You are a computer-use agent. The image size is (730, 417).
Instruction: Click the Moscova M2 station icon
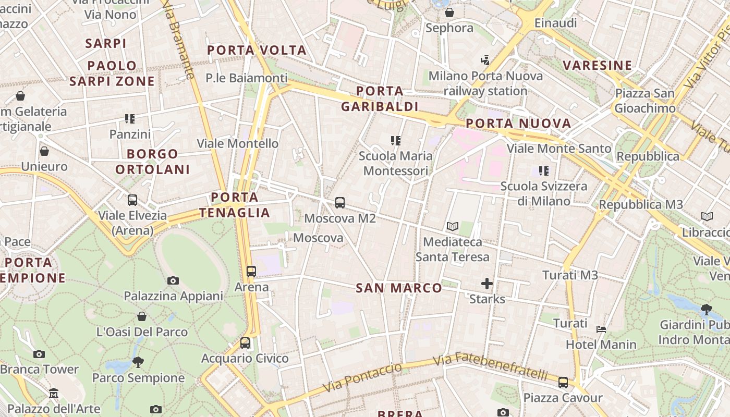click(x=340, y=203)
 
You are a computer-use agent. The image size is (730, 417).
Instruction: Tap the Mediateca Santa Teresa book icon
click(x=452, y=227)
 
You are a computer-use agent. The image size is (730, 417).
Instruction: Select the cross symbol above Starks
click(x=487, y=284)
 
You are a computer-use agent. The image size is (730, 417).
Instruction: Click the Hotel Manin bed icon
click(x=601, y=329)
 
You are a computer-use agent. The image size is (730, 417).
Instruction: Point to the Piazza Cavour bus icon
click(x=563, y=383)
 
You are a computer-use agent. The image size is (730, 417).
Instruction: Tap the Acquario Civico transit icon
click(x=245, y=343)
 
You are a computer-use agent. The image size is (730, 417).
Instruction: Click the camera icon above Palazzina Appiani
click(x=173, y=281)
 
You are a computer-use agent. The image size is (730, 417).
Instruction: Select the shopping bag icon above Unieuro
click(x=44, y=151)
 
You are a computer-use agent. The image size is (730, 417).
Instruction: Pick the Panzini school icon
click(x=130, y=119)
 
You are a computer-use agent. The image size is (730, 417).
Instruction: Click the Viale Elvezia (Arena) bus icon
click(x=132, y=200)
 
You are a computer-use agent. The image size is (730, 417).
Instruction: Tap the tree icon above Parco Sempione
click(x=138, y=362)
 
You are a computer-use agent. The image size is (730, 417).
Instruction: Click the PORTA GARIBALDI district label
click(x=380, y=99)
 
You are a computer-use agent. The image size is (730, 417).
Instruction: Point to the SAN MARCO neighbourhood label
click(x=399, y=288)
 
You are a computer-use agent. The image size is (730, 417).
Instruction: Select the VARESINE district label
click(x=598, y=65)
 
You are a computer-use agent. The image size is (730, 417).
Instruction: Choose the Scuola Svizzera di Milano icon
click(x=544, y=171)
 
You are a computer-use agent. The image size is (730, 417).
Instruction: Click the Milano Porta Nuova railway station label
click(x=485, y=83)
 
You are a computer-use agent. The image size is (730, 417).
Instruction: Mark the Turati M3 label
click(x=570, y=275)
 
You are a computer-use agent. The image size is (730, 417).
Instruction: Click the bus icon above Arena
click(x=251, y=272)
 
